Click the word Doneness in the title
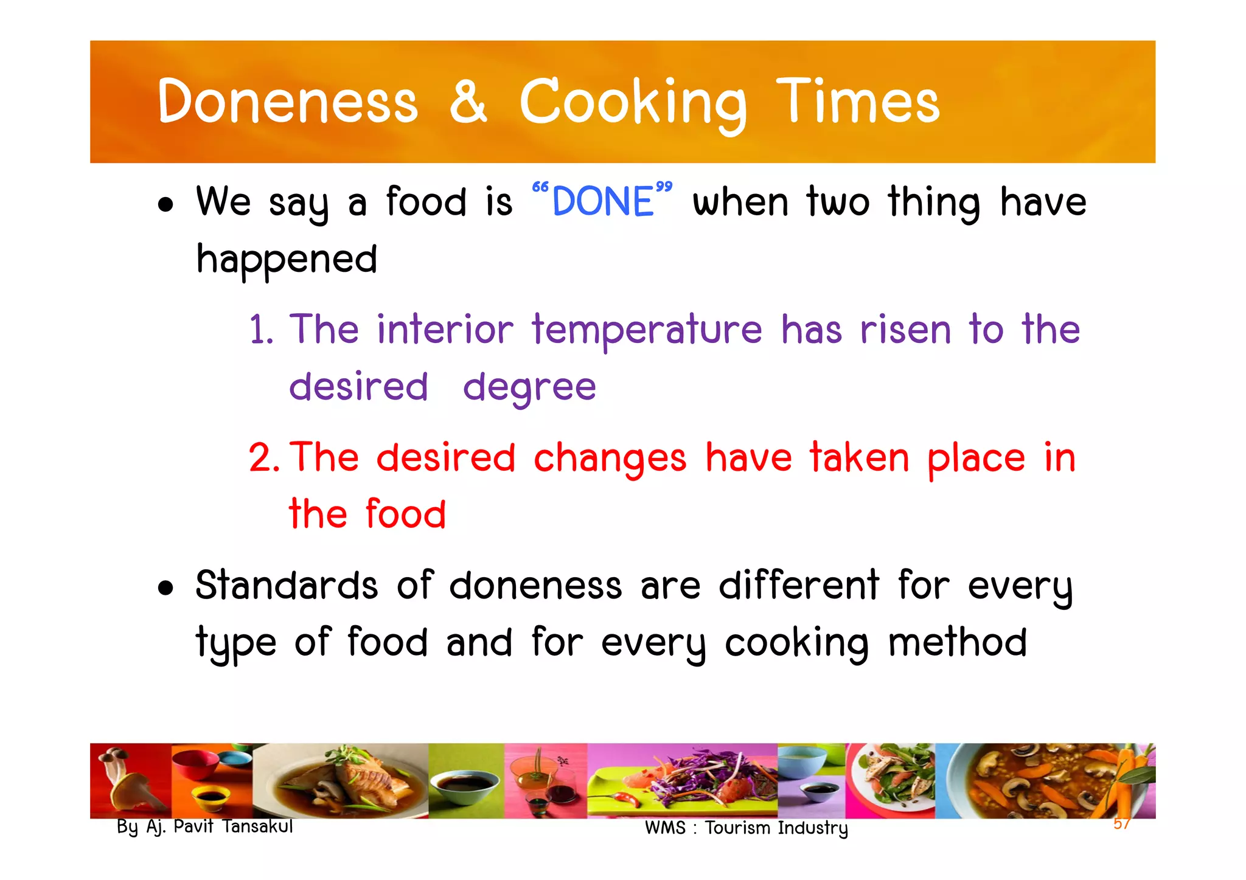[287, 102]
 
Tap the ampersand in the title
[468, 102]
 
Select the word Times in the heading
[858, 102]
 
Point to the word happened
[287, 260]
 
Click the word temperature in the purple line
[647, 330]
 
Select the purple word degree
[529, 387]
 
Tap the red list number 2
[263, 457]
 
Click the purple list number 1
[261, 330]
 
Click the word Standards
[287, 586]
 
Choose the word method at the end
[957, 643]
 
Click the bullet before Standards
[165, 588]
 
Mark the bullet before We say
[165, 205]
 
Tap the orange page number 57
[1121, 823]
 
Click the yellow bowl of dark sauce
[209, 796]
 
